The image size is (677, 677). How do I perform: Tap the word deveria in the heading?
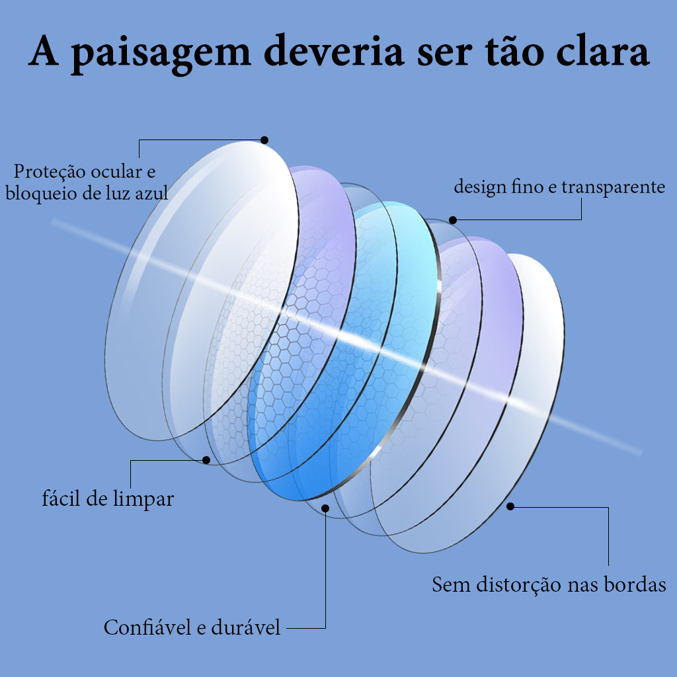[334, 50]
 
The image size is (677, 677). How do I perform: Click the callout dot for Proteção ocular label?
[264, 140]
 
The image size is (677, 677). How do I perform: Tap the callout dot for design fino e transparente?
[452, 220]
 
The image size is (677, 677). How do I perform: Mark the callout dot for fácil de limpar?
[206, 460]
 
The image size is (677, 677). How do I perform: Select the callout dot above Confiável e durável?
[325, 508]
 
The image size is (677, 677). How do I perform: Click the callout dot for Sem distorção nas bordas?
[510, 506]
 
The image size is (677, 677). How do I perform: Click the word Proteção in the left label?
[50, 172]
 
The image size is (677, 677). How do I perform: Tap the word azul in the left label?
[151, 193]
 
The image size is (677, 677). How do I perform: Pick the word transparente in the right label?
[613, 187]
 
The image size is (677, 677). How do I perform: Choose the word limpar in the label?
[143, 499]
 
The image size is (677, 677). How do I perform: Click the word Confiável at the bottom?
[147, 627]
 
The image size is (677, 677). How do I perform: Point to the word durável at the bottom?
[246, 627]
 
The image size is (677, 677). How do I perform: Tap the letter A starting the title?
[43, 50]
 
